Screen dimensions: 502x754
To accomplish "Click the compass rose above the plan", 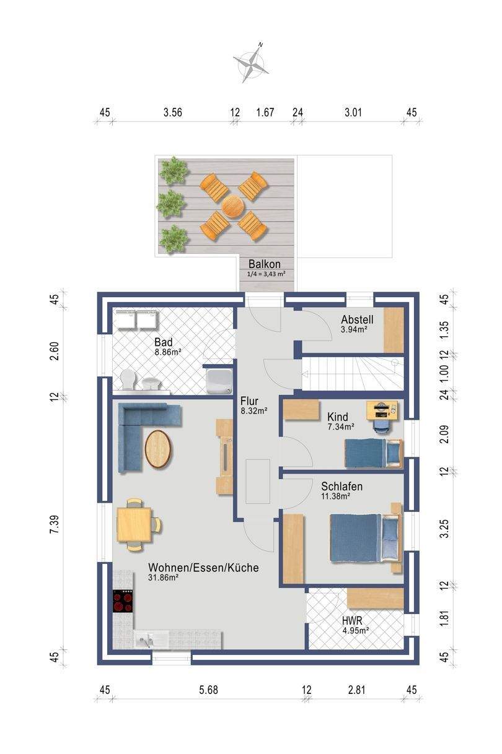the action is click(250, 63).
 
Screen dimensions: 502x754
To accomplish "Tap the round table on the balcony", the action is click(233, 206).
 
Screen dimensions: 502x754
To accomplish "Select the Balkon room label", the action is click(264, 264).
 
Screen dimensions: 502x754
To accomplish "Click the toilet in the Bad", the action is click(127, 379).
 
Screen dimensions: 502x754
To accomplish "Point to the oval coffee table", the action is click(158, 449).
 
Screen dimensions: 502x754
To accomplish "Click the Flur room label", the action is click(249, 401).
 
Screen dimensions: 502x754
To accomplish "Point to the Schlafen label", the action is click(341, 487).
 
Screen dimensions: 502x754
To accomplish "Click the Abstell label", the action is click(357, 319).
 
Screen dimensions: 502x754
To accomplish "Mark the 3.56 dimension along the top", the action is click(173, 112).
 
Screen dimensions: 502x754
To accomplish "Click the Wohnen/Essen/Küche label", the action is click(203, 568).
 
